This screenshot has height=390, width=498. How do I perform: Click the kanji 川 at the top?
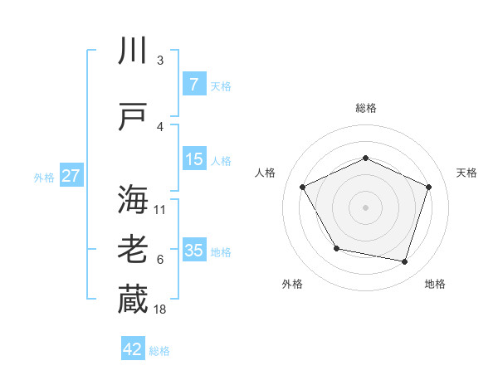click(x=133, y=52)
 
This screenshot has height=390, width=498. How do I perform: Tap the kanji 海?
click(x=133, y=200)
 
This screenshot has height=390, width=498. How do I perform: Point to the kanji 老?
click(x=133, y=251)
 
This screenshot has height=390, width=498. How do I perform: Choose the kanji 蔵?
click(x=133, y=300)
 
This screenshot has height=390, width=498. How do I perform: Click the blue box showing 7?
click(x=193, y=84)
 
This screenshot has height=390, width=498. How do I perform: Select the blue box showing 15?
click(x=194, y=159)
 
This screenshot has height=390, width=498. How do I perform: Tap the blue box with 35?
click(x=194, y=251)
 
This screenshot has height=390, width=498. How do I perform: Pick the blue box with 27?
click(x=71, y=176)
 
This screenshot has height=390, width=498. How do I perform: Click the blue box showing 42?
click(x=133, y=349)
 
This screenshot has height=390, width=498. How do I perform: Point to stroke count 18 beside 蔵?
click(x=161, y=310)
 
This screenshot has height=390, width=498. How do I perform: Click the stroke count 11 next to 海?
click(x=160, y=209)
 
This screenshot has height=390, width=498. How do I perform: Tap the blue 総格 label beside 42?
click(x=159, y=351)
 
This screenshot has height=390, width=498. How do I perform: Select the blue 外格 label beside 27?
click(x=44, y=177)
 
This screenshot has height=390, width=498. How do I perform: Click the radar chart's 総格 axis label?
click(x=365, y=108)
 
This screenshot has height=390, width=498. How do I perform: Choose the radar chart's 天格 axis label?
click(x=466, y=173)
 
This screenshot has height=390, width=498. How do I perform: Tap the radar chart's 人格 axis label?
click(x=265, y=173)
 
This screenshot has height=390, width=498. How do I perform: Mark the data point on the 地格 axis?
click(x=404, y=262)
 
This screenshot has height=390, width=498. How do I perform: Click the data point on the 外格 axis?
click(x=336, y=248)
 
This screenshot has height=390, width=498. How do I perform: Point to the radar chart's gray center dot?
click(x=365, y=207)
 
